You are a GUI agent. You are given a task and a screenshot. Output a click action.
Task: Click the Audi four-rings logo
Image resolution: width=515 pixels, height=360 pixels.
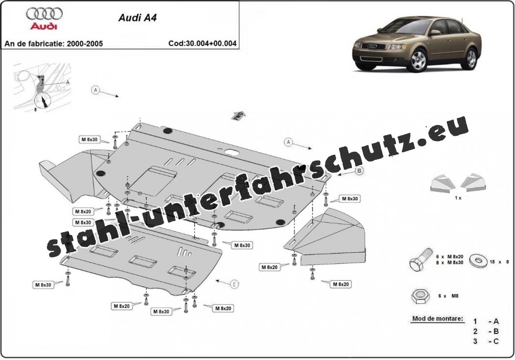coord(45,13)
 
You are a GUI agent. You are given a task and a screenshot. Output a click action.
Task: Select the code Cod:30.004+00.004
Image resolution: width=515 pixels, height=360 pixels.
coord(202,43)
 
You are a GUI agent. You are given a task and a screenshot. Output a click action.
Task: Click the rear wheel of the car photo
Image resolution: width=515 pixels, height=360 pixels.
coord(471,58)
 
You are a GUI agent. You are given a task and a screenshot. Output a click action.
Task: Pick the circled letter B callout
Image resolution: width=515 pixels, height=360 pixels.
coord(359,171)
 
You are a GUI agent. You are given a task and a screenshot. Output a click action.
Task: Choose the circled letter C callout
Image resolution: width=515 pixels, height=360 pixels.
coord(234,284)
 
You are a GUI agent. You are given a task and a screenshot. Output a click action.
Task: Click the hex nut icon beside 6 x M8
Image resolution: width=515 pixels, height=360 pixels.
coord(420,295)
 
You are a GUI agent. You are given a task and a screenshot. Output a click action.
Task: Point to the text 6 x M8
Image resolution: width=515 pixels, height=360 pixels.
coord(448,296)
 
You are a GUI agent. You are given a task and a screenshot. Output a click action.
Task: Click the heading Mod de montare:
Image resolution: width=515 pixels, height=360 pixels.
coord(437,319)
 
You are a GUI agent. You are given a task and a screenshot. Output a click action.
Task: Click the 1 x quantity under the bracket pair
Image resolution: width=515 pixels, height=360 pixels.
coord(458,197)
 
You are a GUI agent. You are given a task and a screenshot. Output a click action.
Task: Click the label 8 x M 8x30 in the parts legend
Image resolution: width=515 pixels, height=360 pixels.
coord(449,263)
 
